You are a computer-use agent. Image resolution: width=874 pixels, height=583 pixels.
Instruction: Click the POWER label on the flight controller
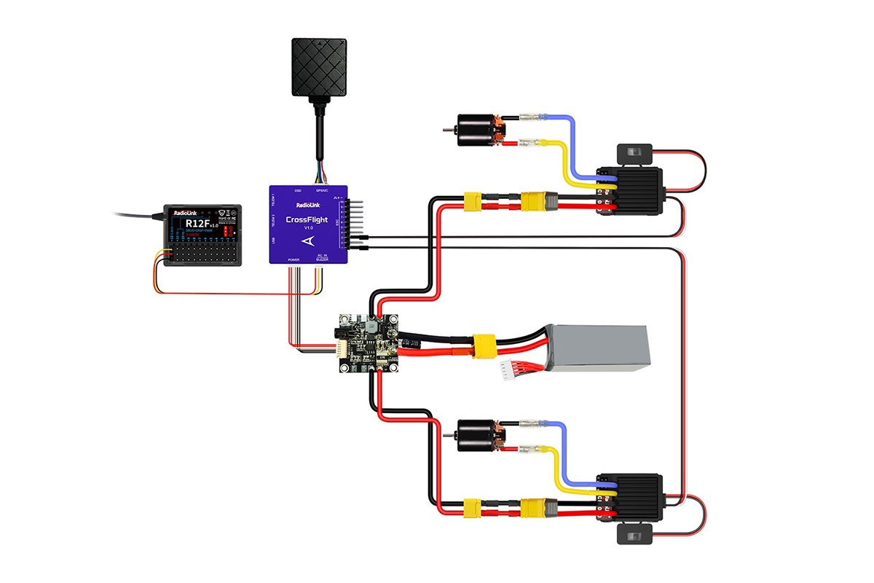click(294, 259)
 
